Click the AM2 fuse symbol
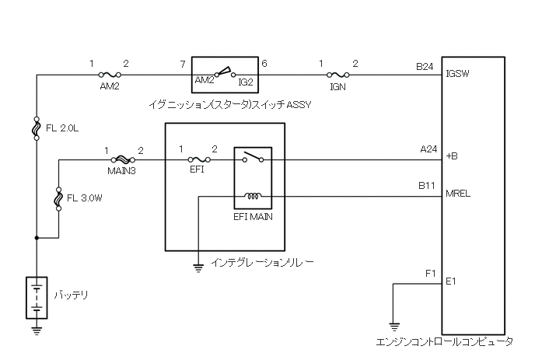(110, 75)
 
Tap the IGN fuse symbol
(337, 75)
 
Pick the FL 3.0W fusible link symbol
(59, 198)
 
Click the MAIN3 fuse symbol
(122, 160)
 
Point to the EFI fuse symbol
(197, 160)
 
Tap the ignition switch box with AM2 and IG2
(224, 75)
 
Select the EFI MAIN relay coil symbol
(253, 196)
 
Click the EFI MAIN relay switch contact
(253, 159)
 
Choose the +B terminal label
(452, 157)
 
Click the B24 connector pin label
(425, 67)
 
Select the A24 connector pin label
(427, 149)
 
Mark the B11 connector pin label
(427, 187)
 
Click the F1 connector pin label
(430, 274)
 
